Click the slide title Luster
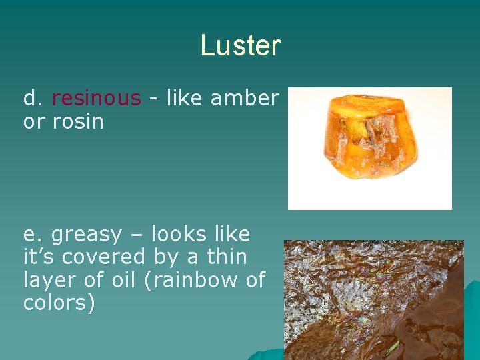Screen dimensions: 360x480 (x=241, y=45)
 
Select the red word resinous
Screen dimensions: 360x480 (x=97, y=99)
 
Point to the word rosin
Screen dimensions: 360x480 (x=78, y=121)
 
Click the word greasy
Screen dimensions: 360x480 (x=87, y=235)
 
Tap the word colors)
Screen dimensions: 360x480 (x=59, y=303)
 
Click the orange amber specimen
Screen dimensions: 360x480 (x=368, y=147)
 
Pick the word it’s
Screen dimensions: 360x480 (x=39, y=257)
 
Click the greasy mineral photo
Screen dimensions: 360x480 (x=373, y=300)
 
